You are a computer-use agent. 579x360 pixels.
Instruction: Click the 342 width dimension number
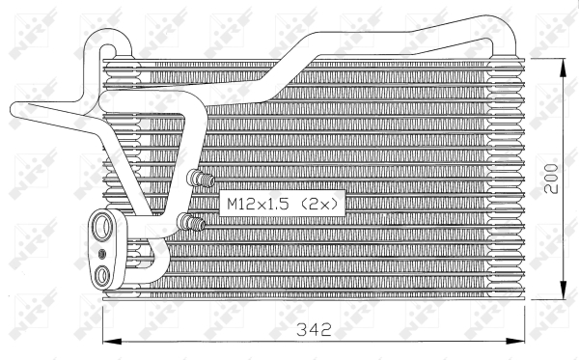click(x=314, y=330)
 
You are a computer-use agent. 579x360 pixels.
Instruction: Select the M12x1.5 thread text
click(x=260, y=204)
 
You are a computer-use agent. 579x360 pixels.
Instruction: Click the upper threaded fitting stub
click(x=202, y=179)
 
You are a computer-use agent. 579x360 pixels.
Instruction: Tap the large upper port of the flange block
click(x=102, y=228)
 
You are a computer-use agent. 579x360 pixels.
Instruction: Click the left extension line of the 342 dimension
click(x=102, y=328)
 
